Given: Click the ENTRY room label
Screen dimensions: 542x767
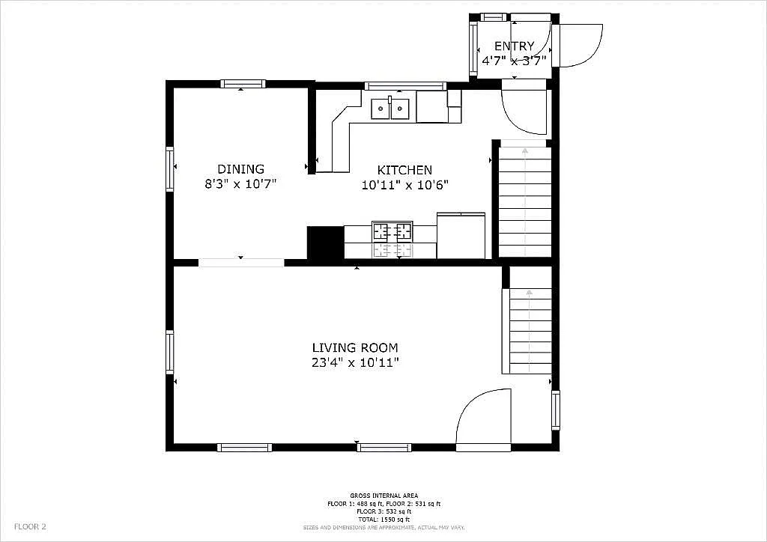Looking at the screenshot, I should (514, 46).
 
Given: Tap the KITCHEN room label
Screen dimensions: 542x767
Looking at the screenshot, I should (404, 170).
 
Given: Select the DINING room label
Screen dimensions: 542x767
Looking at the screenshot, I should (240, 169).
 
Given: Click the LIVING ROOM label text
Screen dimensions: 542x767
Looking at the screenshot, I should (355, 347).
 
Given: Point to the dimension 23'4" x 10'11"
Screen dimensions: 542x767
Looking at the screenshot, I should (355, 363).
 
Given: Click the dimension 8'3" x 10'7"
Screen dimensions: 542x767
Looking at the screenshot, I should (240, 184).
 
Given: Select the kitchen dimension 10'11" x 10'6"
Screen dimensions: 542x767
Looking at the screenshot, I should (404, 185).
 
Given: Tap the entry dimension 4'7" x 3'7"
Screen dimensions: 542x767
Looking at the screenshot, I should (514, 60).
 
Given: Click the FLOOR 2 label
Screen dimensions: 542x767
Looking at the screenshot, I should (30, 527).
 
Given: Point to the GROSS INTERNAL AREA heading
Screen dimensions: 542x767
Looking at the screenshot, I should (383, 496).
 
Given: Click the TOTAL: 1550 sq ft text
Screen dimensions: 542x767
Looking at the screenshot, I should (383, 519).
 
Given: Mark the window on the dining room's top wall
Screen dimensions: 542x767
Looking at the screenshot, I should (243, 84).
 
